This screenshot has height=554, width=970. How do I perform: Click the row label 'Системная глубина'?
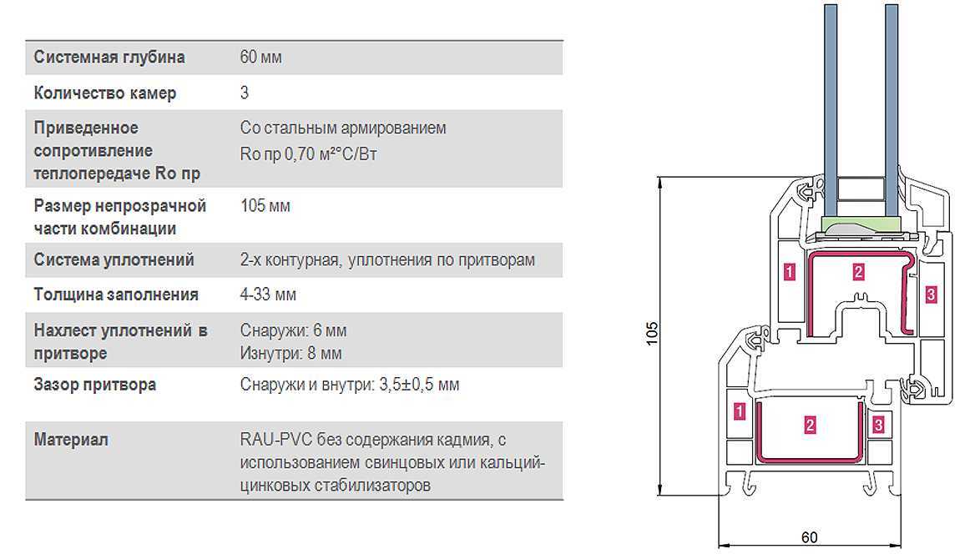pyautogui.click(x=109, y=58)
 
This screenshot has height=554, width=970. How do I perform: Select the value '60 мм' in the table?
pyautogui.click(x=260, y=57)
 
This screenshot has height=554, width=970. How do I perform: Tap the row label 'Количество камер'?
pyautogui.click(x=104, y=93)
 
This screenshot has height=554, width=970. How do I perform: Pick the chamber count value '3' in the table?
pyautogui.click(x=245, y=92)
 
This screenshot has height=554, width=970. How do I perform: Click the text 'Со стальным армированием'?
pyautogui.click(x=343, y=128)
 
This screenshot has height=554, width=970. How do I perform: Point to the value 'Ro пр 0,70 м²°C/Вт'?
pyautogui.click(x=308, y=154)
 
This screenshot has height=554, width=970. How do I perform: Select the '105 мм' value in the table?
pyautogui.click(x=265, y=205)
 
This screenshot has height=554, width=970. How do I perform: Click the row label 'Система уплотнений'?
pyautogui.click(x=114, y=259)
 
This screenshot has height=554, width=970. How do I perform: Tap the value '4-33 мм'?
pyautogui.click(x=268, y=295)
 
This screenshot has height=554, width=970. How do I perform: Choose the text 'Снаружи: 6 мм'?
pyautogui.click(x=293, y=330)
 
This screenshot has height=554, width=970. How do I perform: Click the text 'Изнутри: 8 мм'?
pyautogui.click(x=290, y=353)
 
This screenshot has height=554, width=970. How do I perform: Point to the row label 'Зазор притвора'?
pyautogui.click(x=94, y=385)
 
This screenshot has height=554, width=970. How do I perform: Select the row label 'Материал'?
pyautogui.click(x=70, y=440)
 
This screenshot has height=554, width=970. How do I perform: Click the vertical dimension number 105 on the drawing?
pyautogui.click(x=651, y=333)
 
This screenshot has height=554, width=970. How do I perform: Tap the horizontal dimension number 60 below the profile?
pyautogui.click(x=809, y=537)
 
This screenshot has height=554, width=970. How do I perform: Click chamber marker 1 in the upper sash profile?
pyautogui.click(x=790, y=272)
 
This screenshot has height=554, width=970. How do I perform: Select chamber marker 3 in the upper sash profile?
pyautogui.click(x=931, y=295)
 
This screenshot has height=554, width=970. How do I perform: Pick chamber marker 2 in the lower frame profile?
pyautogui.click(x=810, y=425)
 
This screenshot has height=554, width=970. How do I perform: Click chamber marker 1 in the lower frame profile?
pyautogui.click(x=739, y=411)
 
